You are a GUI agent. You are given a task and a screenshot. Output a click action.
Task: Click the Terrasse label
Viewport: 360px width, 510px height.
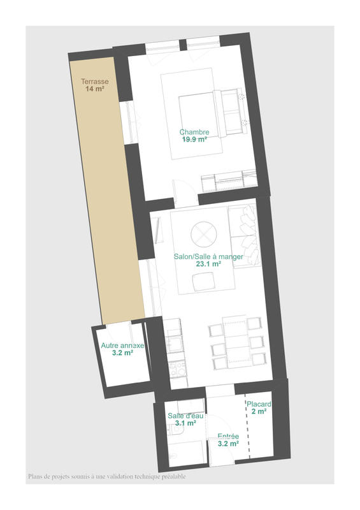click(94, 82)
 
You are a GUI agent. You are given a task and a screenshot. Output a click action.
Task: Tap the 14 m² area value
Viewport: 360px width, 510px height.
click(94, 89)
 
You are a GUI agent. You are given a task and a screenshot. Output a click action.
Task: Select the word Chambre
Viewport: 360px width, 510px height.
click(194, 133)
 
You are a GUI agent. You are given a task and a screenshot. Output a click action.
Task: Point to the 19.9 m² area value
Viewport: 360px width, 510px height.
click(194, 140)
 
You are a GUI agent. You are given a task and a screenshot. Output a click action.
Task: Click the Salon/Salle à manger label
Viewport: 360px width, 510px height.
click(198, 256)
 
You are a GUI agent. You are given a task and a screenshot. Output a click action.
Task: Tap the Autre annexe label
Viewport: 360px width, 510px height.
click(123, 345)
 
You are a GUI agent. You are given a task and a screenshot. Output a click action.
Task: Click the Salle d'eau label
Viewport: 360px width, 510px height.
click(185, 416)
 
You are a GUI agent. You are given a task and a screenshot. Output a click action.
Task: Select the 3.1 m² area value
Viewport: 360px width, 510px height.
click(185, 423)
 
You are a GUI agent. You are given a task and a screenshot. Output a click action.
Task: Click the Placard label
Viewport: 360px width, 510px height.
click(260, 404)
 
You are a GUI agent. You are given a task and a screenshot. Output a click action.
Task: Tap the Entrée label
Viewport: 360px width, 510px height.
click(228, 436)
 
